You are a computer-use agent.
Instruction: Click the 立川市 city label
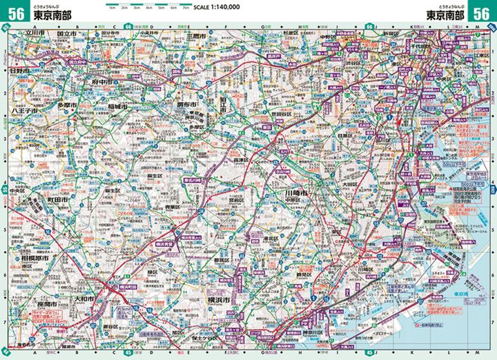pyautogui.click(x=35, y=32)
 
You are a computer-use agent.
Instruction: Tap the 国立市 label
pyautogui.click(x=67, y=32)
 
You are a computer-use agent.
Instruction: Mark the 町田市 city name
pyautogui.click(x=55, y=199)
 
